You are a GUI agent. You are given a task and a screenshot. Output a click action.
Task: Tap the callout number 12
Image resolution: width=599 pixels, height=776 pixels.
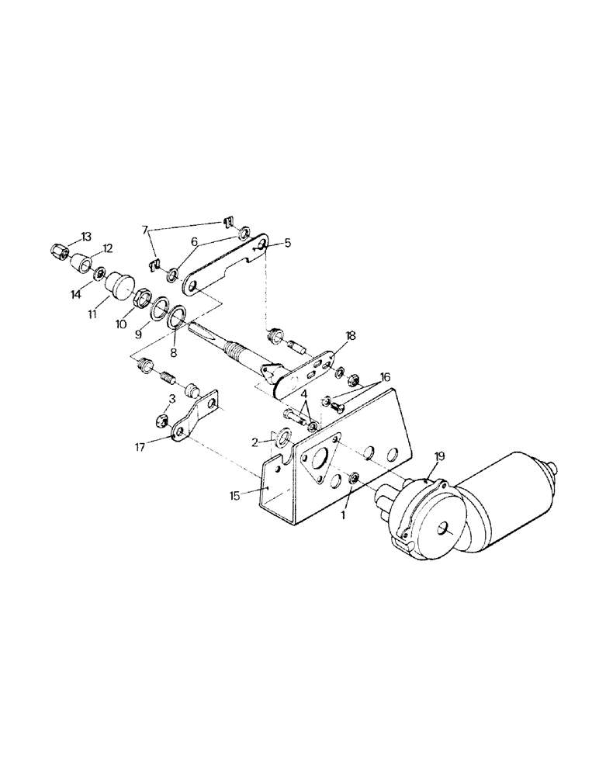(x=108, y=248)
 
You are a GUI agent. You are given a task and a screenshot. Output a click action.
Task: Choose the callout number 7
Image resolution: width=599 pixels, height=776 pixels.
(x=144, y=230)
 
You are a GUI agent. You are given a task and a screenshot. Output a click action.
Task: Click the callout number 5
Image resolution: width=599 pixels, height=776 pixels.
(x=288, y=242)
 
